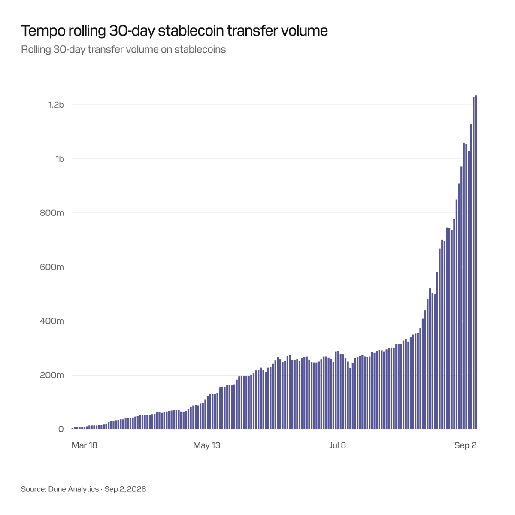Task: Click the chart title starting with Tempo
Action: (x=174, y=31)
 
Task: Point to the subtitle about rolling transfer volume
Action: (x=123, y=50)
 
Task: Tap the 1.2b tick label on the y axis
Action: (x=56, y=105)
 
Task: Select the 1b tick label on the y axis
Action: (x=60, y=159)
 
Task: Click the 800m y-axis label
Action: (x=52, y=213)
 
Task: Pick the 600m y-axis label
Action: (x=52, y=267)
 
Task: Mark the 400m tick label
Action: (x=52, y=321)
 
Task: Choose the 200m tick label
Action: (x=52, y=375)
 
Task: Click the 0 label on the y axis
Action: (x=61, y=429)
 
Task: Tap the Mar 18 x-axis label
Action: (x=84, y=445)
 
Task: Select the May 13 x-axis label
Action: (x=206, y=445)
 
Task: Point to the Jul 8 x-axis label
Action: (x=337, y=445)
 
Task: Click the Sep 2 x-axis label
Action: (x=465, y=445)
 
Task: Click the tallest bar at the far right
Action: (x=476, y=262)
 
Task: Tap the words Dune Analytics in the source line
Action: (x=73, y=489)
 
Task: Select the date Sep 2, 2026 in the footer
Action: (x=125, y=489)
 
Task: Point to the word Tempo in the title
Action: (x=43, y=31)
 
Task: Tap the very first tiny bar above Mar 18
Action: (x=73, y=429)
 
